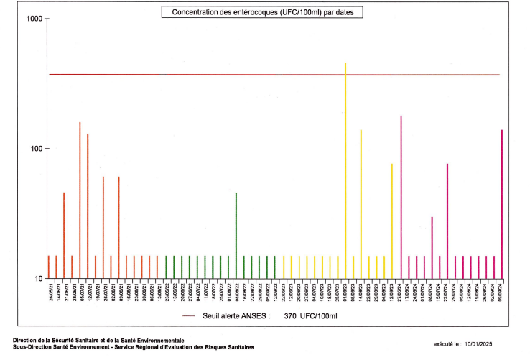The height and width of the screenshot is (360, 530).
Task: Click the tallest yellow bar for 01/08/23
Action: [x=345, y=172]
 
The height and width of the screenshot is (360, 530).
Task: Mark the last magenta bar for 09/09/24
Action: [x=501, y=205]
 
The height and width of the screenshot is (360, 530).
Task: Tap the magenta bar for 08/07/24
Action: [x=432, y=248]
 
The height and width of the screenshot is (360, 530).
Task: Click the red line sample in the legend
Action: [x=190, y=315]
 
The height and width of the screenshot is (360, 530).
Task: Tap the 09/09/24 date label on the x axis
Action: [x=501, y=296]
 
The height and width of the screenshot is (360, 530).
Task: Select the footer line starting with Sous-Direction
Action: [x=133, y=346]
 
